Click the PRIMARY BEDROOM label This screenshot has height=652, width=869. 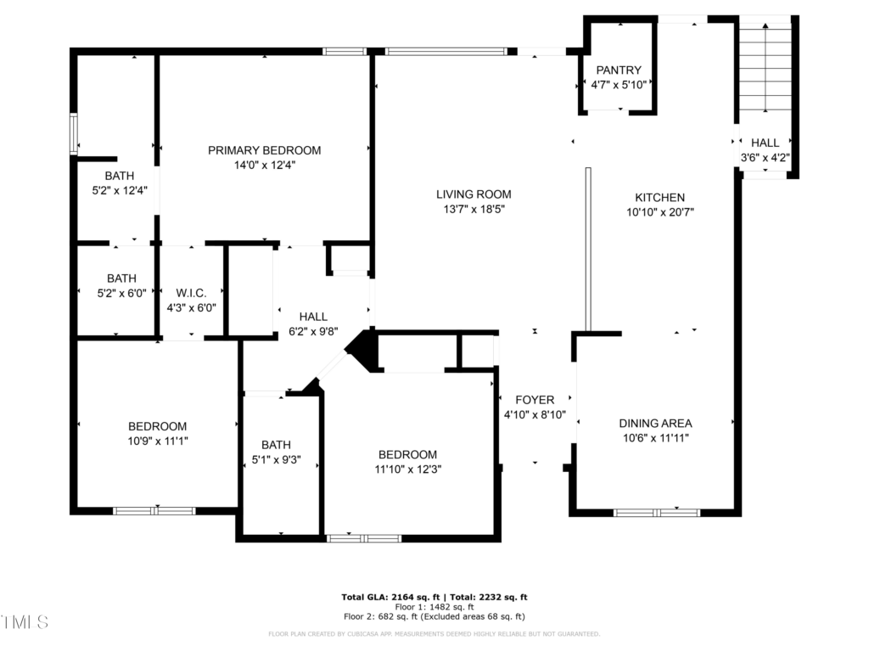tap(265, 150)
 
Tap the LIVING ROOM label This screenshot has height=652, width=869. tap(474, 194)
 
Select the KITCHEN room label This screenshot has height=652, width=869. tap(659, 197)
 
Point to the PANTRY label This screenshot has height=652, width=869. tap(619, 70)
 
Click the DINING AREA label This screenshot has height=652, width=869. tap(655, 423)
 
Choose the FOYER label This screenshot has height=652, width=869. tap(535, 400)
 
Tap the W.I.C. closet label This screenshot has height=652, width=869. tap(191, 293)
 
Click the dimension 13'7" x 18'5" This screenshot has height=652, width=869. tap(474, 209)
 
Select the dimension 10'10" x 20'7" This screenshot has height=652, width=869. tap(660, 211)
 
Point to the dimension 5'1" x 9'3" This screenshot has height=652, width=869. tap(276, 459)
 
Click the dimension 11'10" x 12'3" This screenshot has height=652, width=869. tap(408, 469)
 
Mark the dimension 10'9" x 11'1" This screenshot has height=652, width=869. tap(157, 441)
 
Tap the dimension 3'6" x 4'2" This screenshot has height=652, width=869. tap(765, 157)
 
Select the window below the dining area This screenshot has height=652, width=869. tap(657, 513)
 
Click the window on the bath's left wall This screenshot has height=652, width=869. tap(73, 133)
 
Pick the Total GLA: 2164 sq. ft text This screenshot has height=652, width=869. tap(390, 597)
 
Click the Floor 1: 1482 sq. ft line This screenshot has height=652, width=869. tap(434, 606)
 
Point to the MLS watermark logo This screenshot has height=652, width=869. tap(25, 622)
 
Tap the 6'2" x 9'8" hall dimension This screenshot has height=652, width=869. tap(313, 332)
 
